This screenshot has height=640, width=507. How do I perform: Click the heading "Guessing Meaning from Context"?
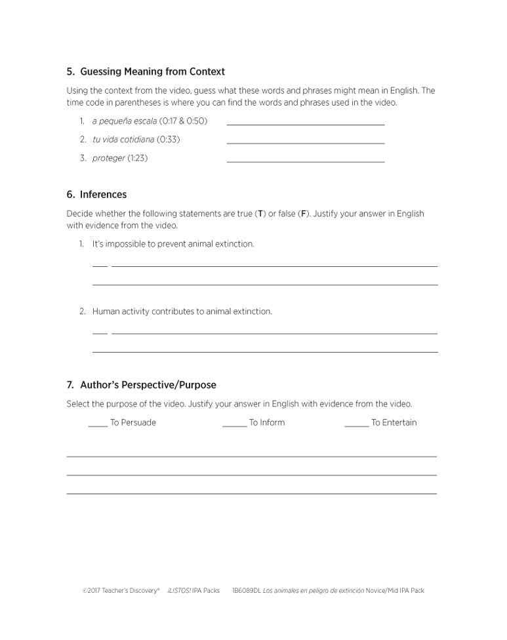tap(152, 71)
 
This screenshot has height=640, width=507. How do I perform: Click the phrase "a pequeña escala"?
tap(125, 121)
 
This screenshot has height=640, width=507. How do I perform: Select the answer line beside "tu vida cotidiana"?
tap(305, 142)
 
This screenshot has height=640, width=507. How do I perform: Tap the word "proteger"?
tap(108, 158)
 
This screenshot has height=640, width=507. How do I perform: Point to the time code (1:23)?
tap(138, 158)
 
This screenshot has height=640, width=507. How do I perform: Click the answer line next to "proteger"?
tap(305, 161)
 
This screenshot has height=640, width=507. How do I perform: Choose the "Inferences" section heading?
tap(103, 195)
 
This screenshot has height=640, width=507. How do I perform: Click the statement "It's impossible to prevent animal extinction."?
tap(172, 244)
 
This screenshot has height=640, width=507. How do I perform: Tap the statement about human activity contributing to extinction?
tap(182, 311)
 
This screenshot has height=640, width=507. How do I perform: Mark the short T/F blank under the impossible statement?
tap(100, 266)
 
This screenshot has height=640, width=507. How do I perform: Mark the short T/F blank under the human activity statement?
tap(100, 333)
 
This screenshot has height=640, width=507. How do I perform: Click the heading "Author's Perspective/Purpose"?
tap(148, 385)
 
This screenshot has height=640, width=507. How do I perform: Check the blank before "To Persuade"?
tap(98, 426)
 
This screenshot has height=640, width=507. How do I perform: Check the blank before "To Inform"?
tap(234, 426)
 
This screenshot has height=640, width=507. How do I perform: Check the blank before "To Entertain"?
tap(356, 426)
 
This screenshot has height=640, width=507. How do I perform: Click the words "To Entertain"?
tap(394, 423)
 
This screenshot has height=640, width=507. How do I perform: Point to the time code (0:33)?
tap(169, 140)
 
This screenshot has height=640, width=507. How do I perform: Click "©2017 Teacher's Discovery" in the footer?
tap(121, 591)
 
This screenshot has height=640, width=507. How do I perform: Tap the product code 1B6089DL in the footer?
tap(247, 591)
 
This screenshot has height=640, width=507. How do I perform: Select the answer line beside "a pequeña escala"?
tap(305, 124)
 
